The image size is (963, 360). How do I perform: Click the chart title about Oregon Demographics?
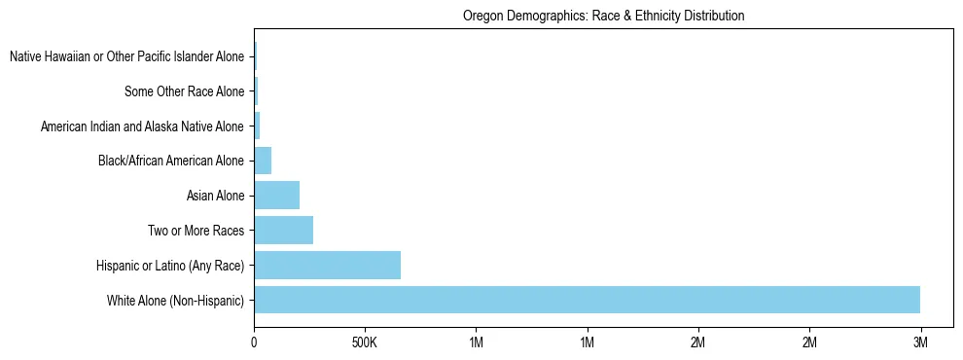pyautogui.click(x=604, y=17)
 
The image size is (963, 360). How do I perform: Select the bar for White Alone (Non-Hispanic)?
pyautogui.click(x=587, y=300)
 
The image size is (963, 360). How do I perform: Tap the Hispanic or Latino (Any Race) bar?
pyautogui.click(x=327, y=265)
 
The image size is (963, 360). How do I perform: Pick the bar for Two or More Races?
pyautogui.click(x=283, y=231)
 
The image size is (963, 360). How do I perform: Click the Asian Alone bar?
pyautogui.click(x=276, y=196)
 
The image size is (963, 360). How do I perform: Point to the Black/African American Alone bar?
pyautogui.click(x=263, y=161)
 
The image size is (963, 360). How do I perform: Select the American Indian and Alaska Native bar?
pyautogui.click(x=257, y=126)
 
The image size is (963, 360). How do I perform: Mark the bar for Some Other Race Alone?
pyautogui.click(x=256, y=91)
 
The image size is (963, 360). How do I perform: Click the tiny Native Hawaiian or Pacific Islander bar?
pyautogui.click(x=255, y=56)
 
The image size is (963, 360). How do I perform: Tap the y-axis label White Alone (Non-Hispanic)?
pyautogui.click(x=176, y=301)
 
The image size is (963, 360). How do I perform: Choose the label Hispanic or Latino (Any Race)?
pyautogui.click(x=170, y=266)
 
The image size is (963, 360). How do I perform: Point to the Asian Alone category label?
pyautogui.click(x=215, y=197)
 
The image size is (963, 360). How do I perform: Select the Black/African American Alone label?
pyautogui.click(x=171, y=162)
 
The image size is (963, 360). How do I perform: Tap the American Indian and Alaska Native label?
pyautogui.click(x=142, y=126)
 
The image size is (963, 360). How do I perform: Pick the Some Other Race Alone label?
pyautogui.click(x=184, y=91)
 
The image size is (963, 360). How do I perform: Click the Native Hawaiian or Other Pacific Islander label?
pyautogui.click(x=126, y=57)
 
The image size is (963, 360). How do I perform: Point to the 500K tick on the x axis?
pyautogui.click(x=365, y=343)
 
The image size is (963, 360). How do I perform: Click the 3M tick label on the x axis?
pyautogui.click(x=920, y=343)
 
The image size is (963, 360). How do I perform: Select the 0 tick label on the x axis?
pyautogui.click(x=254, y=343)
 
